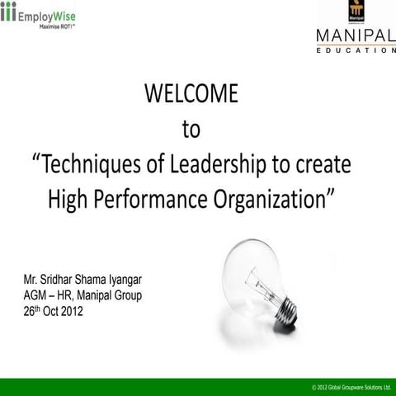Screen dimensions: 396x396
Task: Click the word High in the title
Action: (x=69, y=198)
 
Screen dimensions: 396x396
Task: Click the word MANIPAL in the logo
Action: (x=356, y=35)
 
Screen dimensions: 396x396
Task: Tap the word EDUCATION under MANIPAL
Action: (x=356, y=50)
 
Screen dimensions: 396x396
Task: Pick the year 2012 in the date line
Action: (x=71, y=313)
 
